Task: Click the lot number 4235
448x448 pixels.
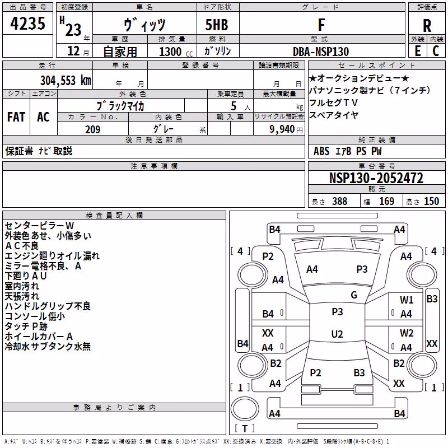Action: pos(27,23)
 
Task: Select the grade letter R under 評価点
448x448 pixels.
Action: pos(427,26)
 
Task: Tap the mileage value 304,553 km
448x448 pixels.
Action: pos(66,81)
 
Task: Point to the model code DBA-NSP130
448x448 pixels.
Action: pos(321,52)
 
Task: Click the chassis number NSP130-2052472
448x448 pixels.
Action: pos(376,178)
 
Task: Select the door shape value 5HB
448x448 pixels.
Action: pos(217,25)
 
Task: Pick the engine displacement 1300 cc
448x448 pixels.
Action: pos(176,52)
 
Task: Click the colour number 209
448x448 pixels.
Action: pos(93,129)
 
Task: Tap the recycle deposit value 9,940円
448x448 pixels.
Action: pos(286,129)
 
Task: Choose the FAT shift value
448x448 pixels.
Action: pos(16,117)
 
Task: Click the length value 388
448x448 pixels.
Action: pos(339,201)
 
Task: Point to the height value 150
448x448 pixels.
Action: pos(431,201)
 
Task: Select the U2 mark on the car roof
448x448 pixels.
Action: pos(337,334)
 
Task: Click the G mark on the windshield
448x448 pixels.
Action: pos(354,295)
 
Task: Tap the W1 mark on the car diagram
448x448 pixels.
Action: pos(407,300)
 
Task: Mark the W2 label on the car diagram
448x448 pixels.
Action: pos(407,333)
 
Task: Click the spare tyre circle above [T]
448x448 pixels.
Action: pos(245,409)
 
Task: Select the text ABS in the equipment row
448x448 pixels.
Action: pos(321,151)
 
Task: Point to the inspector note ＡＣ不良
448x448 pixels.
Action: pos(22,246)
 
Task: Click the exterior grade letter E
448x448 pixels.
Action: pos(417,51)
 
